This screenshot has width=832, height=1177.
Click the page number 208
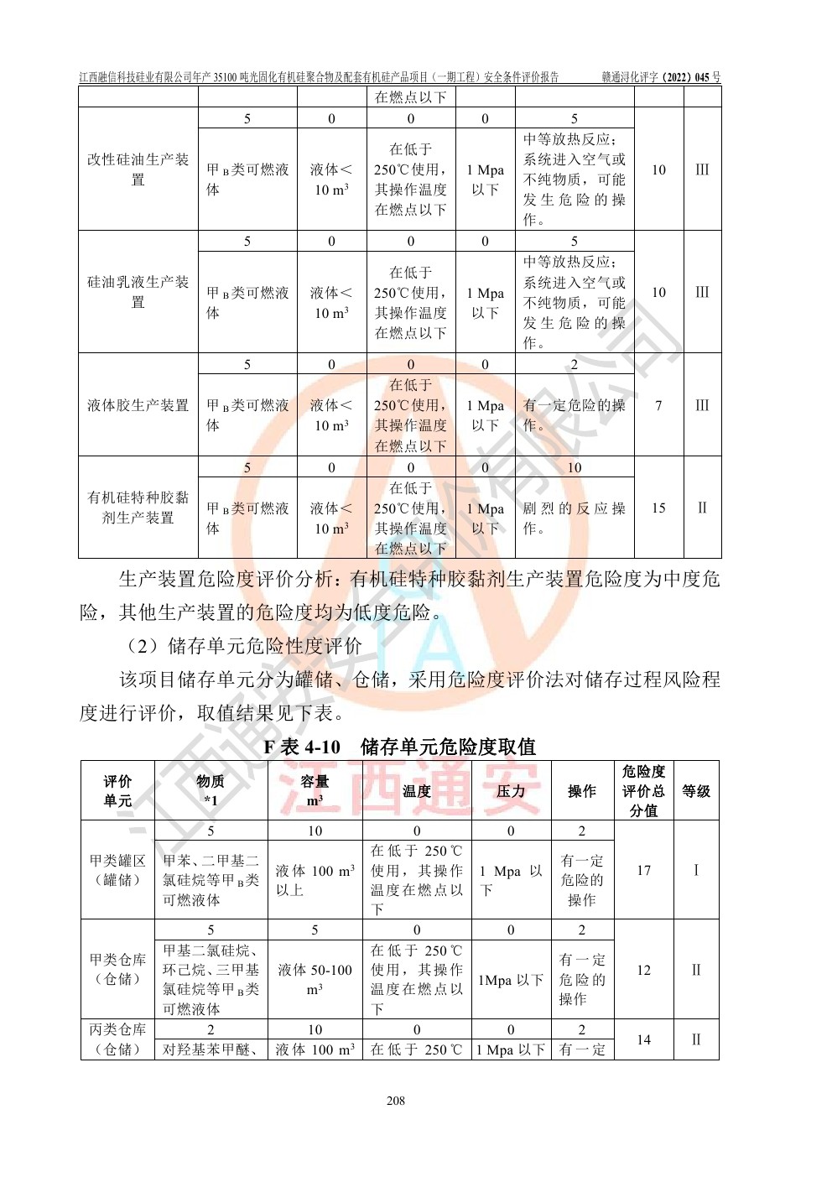pyautogui.click(x=396, y=1100)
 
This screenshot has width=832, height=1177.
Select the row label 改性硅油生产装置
pyautogui.click(x=138, y=169)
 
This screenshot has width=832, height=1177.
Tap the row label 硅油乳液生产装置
pyautogui.click(x=138, y=292)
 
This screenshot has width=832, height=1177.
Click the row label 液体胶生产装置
pyautogui.click(x=138, y=405)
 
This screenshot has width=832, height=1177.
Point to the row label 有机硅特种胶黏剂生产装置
pyautogui.click(x=138, y=508)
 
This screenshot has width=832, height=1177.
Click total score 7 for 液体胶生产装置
pyautogui.click(x=658, y=405)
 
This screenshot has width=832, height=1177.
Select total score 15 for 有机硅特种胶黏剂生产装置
pyautogui.click(x=658, y=508)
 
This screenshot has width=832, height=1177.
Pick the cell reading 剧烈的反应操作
pyautogui.click(x=574, y=518)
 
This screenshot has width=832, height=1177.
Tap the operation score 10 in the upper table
pyautogui.click(x=574, y=467)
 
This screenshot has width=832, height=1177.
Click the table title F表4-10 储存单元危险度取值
pyautogui.click(x=399, y=746)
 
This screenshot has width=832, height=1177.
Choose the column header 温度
pyautogui.click(x=416, y=791)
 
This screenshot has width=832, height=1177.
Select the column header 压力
pyautogui.click(x=510, y=791)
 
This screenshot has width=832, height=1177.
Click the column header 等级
pyautogui.click(x=695, y=791)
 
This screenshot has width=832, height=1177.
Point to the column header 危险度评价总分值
pyautogui.click(x=643, y=791)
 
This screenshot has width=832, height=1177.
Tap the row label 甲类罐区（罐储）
pyautogui.click(x=117, y=870)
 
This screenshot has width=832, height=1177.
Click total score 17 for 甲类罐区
pyautogui.click(x=643, y=870)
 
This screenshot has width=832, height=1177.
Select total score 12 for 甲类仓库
pyautogui.click(x=643, y=970)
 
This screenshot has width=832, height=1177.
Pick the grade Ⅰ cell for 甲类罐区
pyautogui.click(x=695, y=870)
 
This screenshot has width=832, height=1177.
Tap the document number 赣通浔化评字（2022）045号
pyautogui.click(x=660, y=77)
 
